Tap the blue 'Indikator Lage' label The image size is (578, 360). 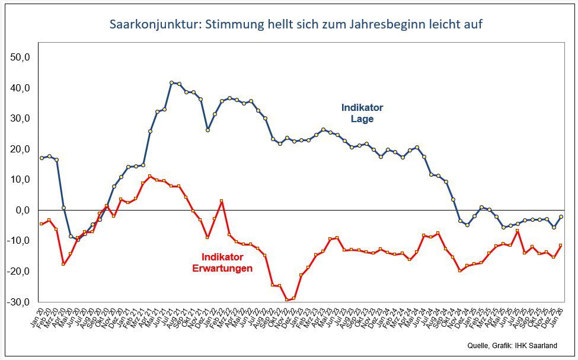[362, 113]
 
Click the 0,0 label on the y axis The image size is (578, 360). [23, 210]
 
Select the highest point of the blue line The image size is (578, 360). [171, 83]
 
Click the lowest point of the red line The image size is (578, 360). [287, 300]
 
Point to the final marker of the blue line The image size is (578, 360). [560, 217]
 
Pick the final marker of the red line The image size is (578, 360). [560, 246]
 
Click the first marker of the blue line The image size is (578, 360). [41, 158]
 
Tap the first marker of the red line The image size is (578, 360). [41, 224]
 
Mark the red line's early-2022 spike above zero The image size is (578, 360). [221, 201]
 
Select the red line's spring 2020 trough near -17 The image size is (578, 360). [63, 264]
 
